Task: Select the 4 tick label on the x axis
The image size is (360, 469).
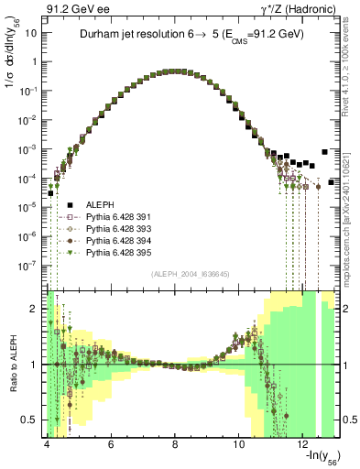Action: pos(46,444)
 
